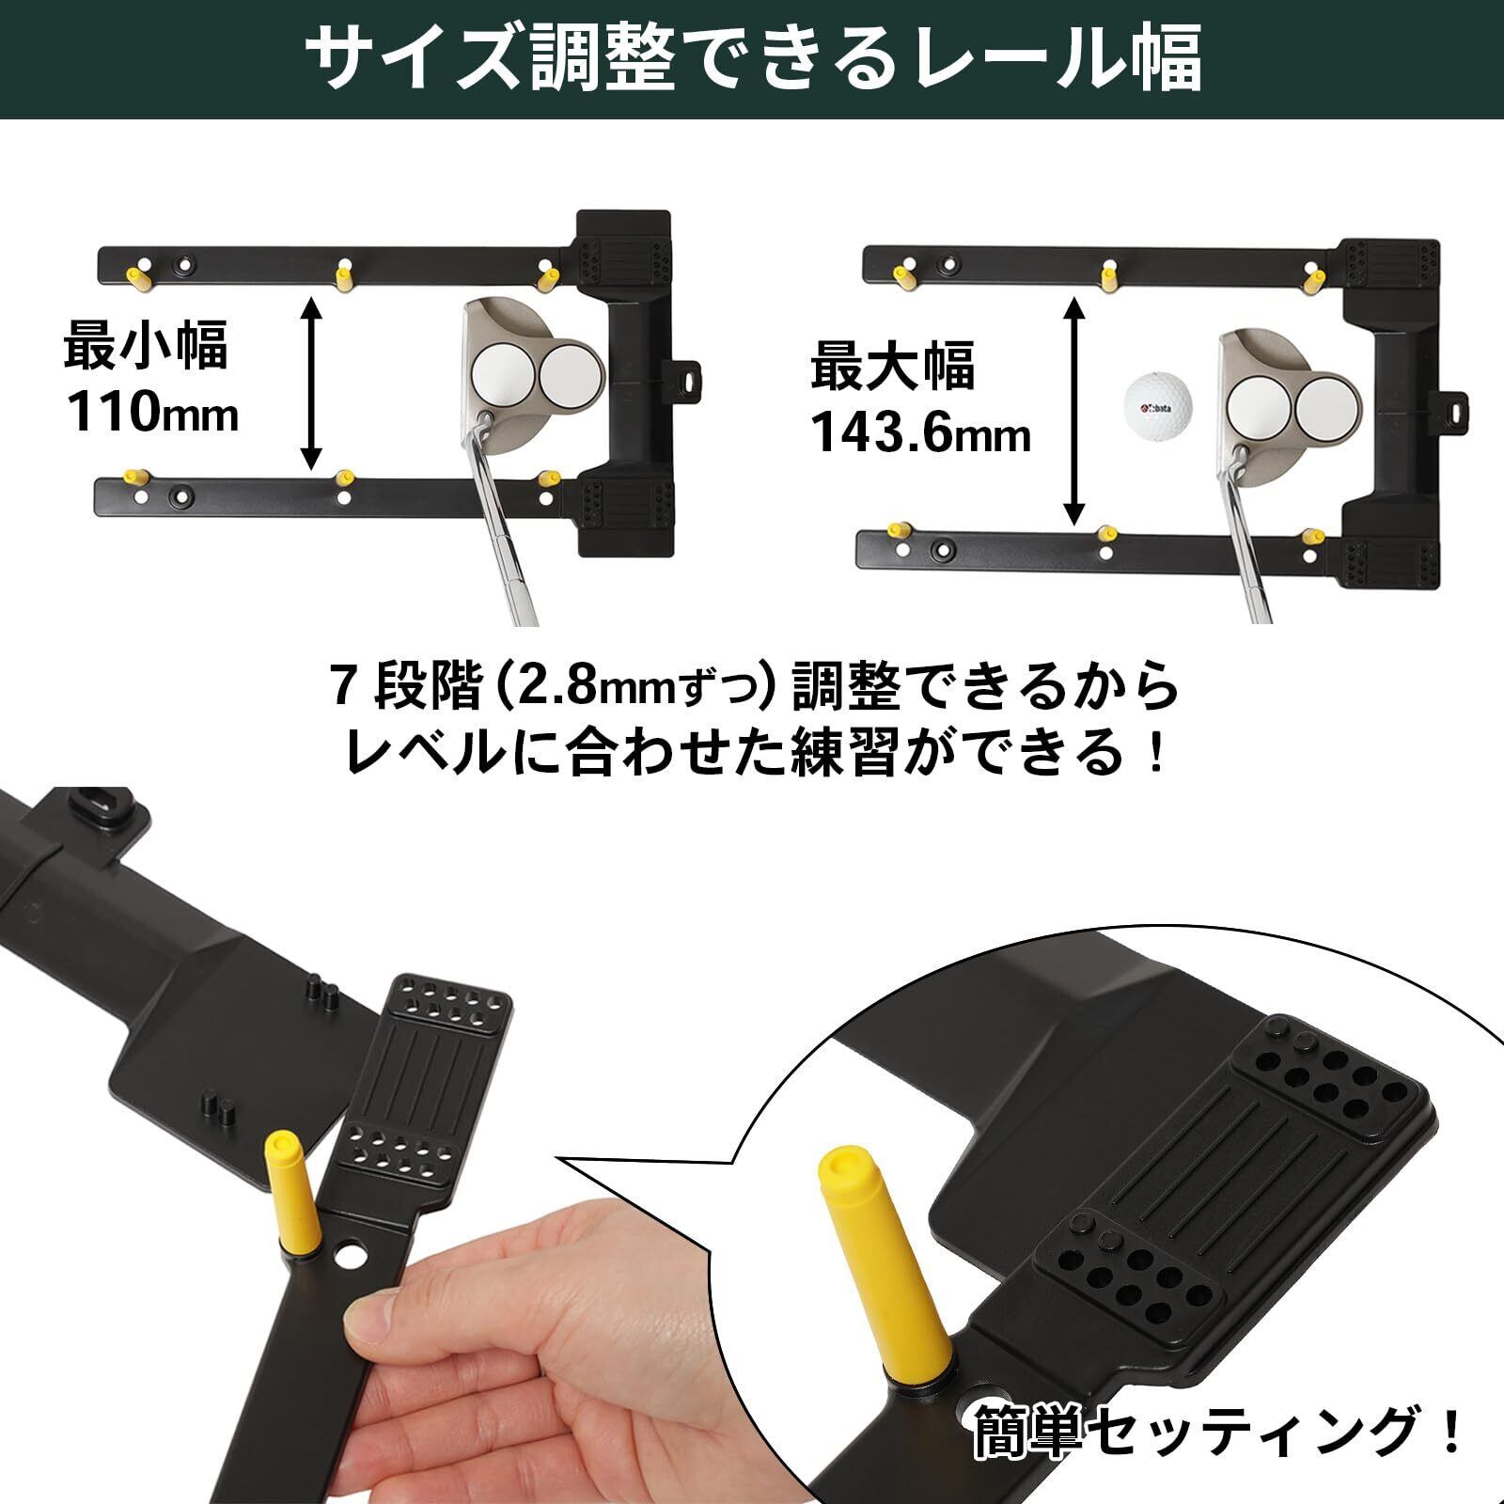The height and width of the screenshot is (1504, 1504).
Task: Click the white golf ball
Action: (x=1158, y=408)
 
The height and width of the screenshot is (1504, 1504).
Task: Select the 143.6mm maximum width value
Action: (x=920, y=433)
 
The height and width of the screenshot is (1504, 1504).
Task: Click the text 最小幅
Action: (x=146, y=345)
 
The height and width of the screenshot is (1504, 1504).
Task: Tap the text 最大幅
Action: (x=893, y=367)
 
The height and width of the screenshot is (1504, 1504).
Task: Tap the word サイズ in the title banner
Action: (x=410, y=58)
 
